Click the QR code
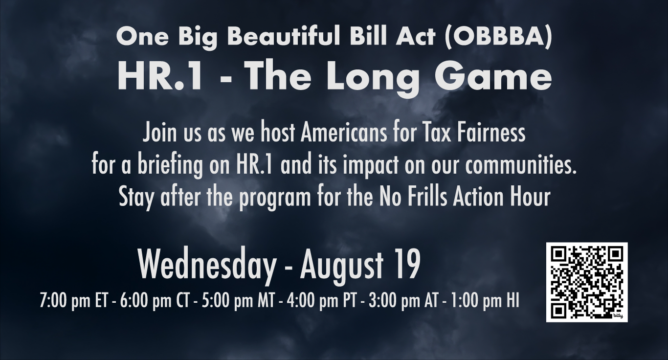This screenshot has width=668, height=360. pos(587,282)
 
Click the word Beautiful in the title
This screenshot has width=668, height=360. pos(284,36)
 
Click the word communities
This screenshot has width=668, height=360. pos(521,165)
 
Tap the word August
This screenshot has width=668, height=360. pos(342,266)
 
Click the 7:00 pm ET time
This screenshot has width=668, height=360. pos(73,300)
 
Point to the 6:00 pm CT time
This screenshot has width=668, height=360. pos(155,300)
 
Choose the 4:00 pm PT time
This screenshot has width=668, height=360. pos(321,300)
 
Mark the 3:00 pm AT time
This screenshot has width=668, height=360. pos(403,300)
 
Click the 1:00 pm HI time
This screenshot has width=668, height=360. pos(485,300)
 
